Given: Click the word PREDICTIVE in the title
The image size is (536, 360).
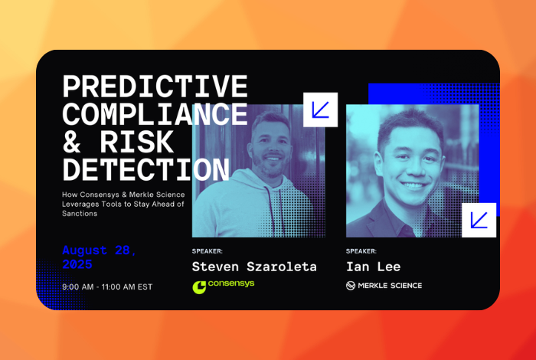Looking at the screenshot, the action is point(155,87).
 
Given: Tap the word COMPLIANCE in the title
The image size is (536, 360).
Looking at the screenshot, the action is point(155,114).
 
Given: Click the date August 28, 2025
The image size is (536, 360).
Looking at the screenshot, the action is point(99,257).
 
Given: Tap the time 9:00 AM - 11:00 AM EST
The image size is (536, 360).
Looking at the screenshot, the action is point(107,286).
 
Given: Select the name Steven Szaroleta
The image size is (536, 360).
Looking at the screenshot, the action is point(254,267).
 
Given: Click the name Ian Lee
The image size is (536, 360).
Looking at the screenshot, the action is point(373,267).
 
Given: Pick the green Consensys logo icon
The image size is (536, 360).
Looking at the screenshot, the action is point(199,287).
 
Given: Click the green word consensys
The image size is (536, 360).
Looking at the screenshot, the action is point(231,283).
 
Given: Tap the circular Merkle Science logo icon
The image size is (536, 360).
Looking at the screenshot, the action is point(351,286).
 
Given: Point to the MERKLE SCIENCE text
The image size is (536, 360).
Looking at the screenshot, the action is point(390,286).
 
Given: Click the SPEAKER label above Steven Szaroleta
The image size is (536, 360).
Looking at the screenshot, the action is point(208,251).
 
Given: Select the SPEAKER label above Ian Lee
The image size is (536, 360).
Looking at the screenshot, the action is point(361,251).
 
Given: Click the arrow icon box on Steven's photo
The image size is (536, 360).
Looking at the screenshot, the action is point(320,110).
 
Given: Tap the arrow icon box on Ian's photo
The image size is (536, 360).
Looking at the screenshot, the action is point(479,220).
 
